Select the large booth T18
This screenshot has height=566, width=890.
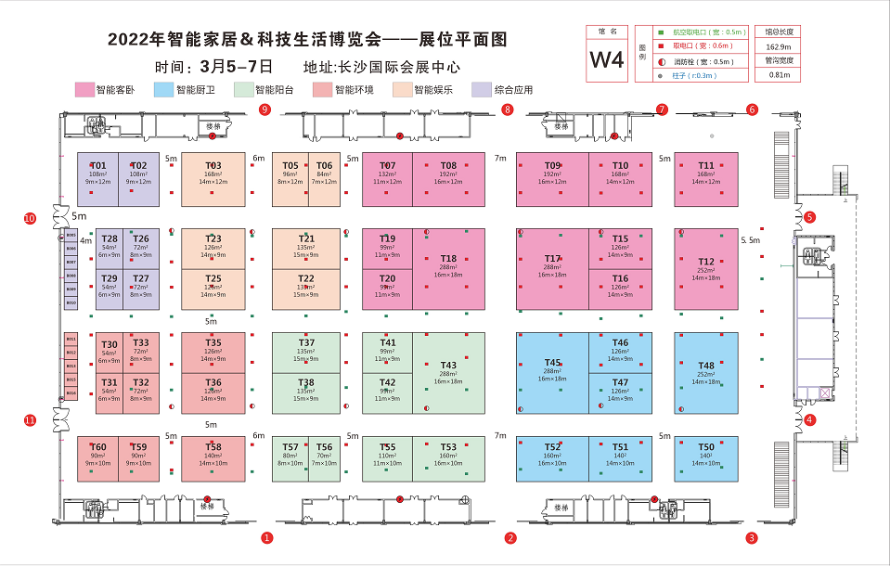coord(449,268)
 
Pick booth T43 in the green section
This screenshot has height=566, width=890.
coord(449,371)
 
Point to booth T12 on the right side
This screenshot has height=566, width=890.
coord(706,269)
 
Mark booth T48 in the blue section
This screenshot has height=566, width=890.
coord(706,372)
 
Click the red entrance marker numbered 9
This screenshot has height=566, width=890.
coord(264,109)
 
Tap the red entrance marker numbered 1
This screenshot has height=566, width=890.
coord(266,537)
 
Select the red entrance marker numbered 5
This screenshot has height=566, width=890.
coord(809,218)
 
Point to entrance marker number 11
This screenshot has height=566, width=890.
coord(30,420)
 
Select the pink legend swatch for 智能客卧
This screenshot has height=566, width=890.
coord(84,90)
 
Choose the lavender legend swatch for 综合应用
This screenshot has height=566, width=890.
coord(482,90)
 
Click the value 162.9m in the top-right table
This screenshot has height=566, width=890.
coord(779,46)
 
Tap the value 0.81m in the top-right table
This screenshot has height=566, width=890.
coord(779,74)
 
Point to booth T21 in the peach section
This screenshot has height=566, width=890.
coord(306,246)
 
